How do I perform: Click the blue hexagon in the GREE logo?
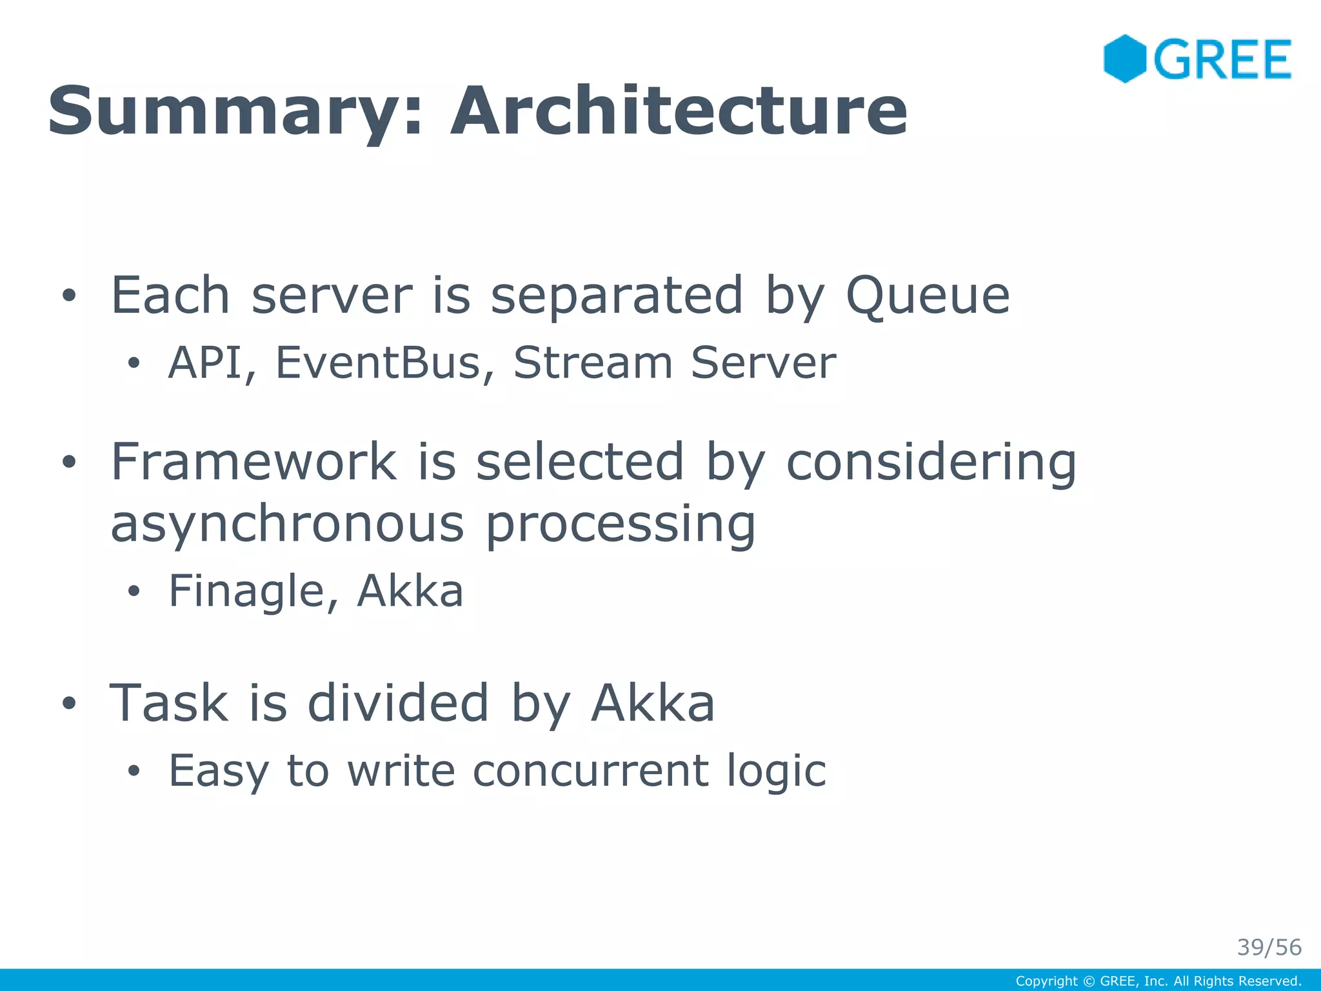(1124, 59)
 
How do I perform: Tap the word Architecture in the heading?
(679, 111)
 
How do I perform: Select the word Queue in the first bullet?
(927, 296)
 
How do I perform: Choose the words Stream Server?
(674, 363)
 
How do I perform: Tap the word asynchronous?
(287, 524)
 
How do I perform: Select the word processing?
(620, 524)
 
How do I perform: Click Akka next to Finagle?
(410, 590)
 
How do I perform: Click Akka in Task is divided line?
(653, 703)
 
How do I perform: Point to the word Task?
(169, 703)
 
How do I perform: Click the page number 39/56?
(1269, 947)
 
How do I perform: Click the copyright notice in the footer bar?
(1158, 981)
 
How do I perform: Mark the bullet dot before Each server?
(69, 297)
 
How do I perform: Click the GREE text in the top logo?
(1222, 59)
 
